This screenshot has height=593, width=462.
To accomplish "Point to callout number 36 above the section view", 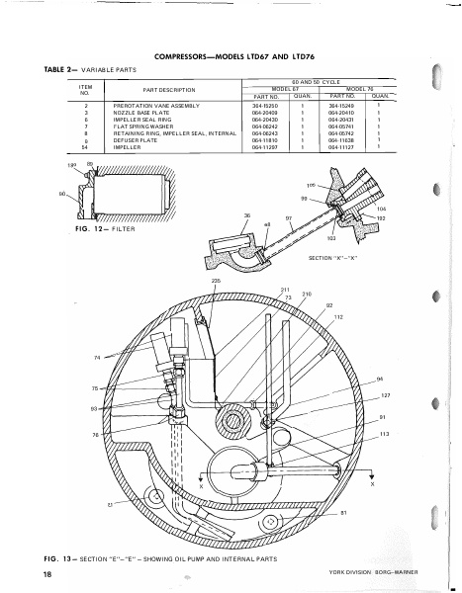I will pos(247,215).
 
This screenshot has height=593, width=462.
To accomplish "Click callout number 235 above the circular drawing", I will pos(215,283).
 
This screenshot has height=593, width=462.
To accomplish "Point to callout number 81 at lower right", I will pos(343,513).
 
